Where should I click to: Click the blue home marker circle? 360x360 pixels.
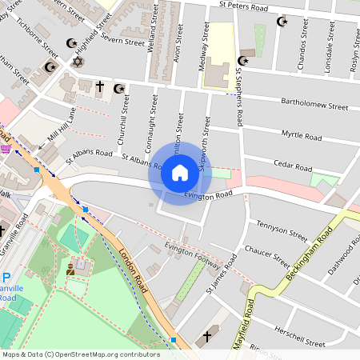point(180,173)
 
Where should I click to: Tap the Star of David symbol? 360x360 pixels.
point(78,62)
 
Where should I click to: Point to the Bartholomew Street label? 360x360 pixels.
point(314,104)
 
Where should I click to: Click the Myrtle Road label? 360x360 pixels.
point(302,137)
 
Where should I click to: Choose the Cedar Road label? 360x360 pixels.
point(292,167)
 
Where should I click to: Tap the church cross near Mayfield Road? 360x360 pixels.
point(210,336)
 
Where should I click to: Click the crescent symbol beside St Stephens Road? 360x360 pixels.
point(243,61)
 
